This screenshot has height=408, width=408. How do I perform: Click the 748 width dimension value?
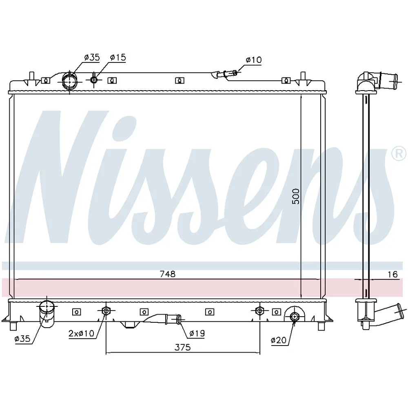167,275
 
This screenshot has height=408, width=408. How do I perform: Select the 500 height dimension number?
296,196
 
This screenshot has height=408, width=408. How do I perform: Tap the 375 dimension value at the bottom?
183,347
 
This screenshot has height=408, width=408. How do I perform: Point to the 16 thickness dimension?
392,275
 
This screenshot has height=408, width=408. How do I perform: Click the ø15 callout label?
118,58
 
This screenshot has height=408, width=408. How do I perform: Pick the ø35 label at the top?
92,58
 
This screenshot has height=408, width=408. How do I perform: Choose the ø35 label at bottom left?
23,339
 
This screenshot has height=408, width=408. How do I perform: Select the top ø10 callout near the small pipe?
253,60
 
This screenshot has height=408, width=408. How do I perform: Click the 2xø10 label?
81,334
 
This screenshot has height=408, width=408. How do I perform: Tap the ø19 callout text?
197,334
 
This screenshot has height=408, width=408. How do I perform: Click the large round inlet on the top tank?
69,81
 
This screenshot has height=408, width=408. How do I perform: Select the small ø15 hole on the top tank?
94,80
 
